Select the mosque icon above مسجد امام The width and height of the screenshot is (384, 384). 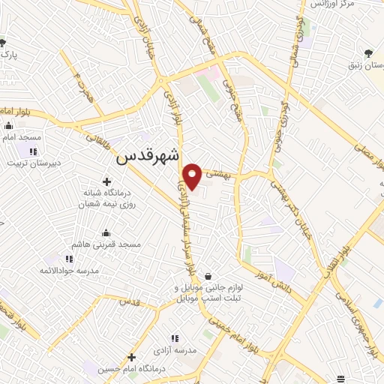[8, 127]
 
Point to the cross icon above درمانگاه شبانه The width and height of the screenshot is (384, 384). [107, 181]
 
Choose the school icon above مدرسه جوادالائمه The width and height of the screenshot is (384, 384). [49, 258]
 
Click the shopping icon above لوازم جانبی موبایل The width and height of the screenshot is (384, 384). [207, 275]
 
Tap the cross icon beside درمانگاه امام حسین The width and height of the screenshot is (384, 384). [131, 357]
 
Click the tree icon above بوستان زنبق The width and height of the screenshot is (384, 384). [368, 52]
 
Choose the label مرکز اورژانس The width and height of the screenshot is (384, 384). [335, 4]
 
